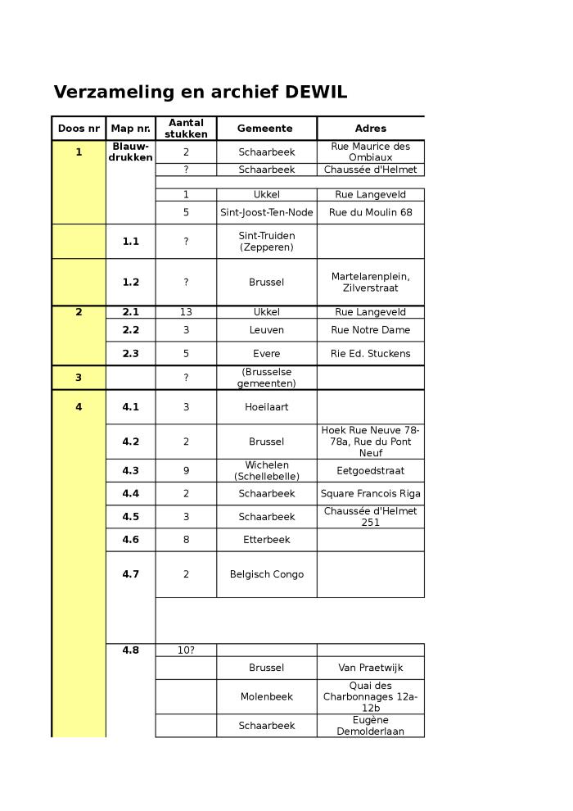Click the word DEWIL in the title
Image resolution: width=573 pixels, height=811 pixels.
point(315,93)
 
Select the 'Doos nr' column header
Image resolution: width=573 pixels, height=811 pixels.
point(79,129)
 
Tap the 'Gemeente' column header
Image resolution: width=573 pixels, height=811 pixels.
point(265,129)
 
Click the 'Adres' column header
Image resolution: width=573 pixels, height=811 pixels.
point(370,129)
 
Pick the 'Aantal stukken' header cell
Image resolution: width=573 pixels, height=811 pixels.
point(186,129)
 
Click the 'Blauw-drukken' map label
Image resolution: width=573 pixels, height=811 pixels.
point(130,152)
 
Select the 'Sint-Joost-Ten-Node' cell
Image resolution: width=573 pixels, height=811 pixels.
point(266,213)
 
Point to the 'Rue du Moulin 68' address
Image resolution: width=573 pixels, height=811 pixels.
point(370,213)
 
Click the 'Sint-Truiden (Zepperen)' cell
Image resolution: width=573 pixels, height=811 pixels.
point(266,242)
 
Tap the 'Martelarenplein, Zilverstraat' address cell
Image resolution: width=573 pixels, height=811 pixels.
point(370,283)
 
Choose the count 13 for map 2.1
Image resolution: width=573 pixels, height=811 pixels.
point(186,312)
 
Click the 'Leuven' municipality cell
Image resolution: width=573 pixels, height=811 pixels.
point(266,330)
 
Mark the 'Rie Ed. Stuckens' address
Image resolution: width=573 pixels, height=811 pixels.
point(370,354)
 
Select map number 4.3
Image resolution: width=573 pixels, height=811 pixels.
point(130,471)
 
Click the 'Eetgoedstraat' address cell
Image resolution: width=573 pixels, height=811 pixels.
point(370,471)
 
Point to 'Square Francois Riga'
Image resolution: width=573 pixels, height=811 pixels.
point(370,494)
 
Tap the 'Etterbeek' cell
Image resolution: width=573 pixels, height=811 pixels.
point(266,540)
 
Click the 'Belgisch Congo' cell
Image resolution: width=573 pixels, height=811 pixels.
point(266,574)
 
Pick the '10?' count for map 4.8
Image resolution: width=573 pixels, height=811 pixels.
point(186,650)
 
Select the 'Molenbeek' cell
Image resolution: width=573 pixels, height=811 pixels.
point(266,697)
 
